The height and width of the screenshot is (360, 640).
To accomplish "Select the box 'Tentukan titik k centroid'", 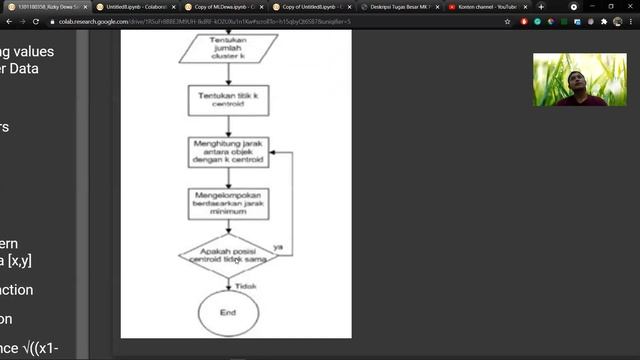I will tap(228, 99).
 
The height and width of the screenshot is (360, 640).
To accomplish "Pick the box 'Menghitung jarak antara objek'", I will tap(228, 152).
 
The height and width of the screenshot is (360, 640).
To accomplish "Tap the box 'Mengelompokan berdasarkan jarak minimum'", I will tap(228, 200).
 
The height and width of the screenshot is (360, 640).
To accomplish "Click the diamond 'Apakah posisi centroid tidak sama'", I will tap(228, 255).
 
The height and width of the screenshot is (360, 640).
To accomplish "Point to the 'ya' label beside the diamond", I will tap(278, 245).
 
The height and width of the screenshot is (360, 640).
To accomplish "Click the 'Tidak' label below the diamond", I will tap(246, 286).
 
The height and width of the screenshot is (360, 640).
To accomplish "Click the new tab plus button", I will tap(542, 6).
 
